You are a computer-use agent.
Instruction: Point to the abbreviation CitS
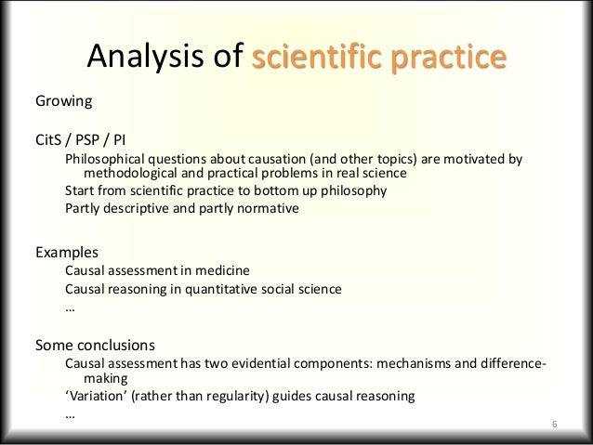(49, 142)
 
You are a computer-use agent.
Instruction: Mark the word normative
(268, 209)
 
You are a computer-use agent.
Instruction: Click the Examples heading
(66, 252)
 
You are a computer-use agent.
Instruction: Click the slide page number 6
(554, 425)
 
